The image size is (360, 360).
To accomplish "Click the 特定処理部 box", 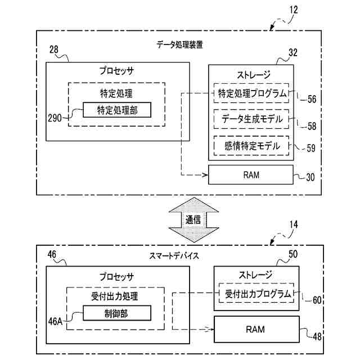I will click(x=117, y=110).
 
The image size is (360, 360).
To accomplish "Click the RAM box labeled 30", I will click(x=251, y=175).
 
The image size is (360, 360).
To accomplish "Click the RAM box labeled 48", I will click(x=255, y=328).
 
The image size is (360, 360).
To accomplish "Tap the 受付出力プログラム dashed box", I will click(x=259, y=294).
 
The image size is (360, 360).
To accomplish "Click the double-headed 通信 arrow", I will click(x=193, y=220).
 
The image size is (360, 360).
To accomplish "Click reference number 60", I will click(x=317, y=300).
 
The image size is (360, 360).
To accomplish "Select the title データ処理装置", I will click(x=181, y=44).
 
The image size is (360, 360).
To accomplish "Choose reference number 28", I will click(x=54, y=50).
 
